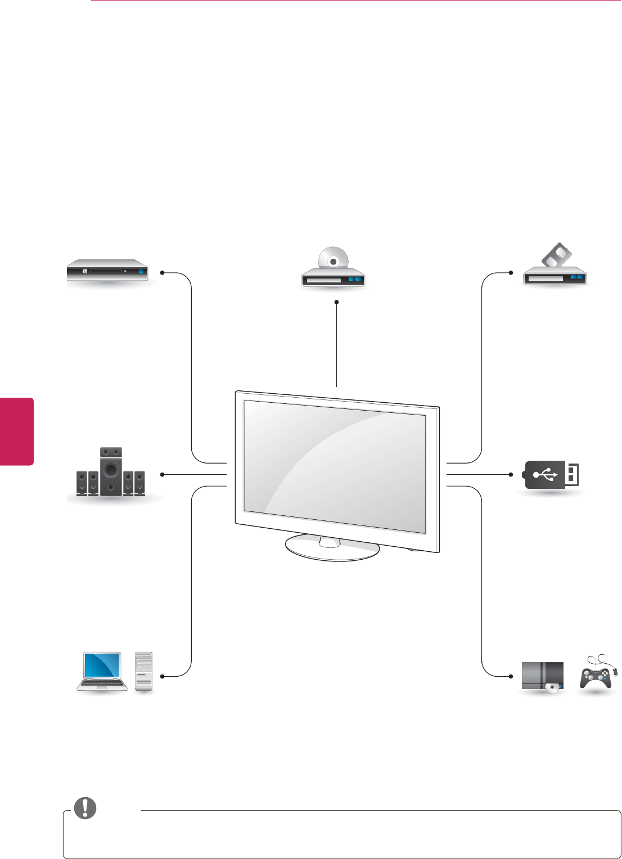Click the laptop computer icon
pyautogui.click(x=102, y=671)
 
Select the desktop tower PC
pyautogui.click(x=144, y=671)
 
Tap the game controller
pyautogui.click(x=596, y=675)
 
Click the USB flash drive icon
pyautogui.click(x=552, y=475)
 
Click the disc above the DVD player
pyautogui.click(x=333, y=259)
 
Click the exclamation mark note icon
pyautogui.click(x=86, y=808)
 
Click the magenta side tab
pyautogui.click(x=17, y=431)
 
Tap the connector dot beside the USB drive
pyautogui.click(x=511, y=475)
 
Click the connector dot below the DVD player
pyautogui.click(x=336, y=302)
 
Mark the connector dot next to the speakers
pyautogui.click(x=162, y=475)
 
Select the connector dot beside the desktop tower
pyautogui.click(x=162, y=676)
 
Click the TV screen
pyautogui.click(x=335, y=465)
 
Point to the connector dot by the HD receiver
pyautogui.click(x=162, y=273)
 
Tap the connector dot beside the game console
pyautogui.click(x=511, y=676)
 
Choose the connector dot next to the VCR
pyautogui.click(x=511, y=273)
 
